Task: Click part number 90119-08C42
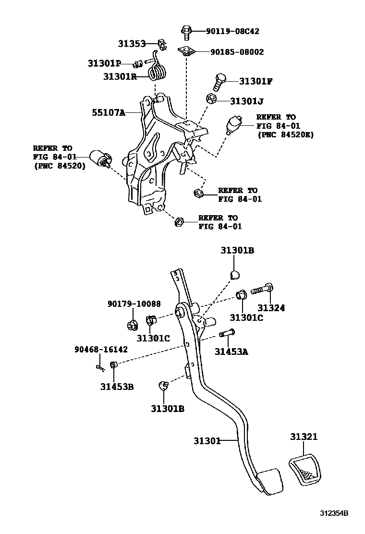232,31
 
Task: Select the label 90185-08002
235,52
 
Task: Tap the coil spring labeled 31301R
157,72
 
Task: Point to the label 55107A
109,113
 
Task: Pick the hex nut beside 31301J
211,99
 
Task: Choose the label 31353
132,44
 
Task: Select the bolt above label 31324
261,290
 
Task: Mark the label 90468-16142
101,349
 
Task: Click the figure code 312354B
334,513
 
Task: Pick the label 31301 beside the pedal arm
207,440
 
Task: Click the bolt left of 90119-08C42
187,32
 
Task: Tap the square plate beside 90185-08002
187,51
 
